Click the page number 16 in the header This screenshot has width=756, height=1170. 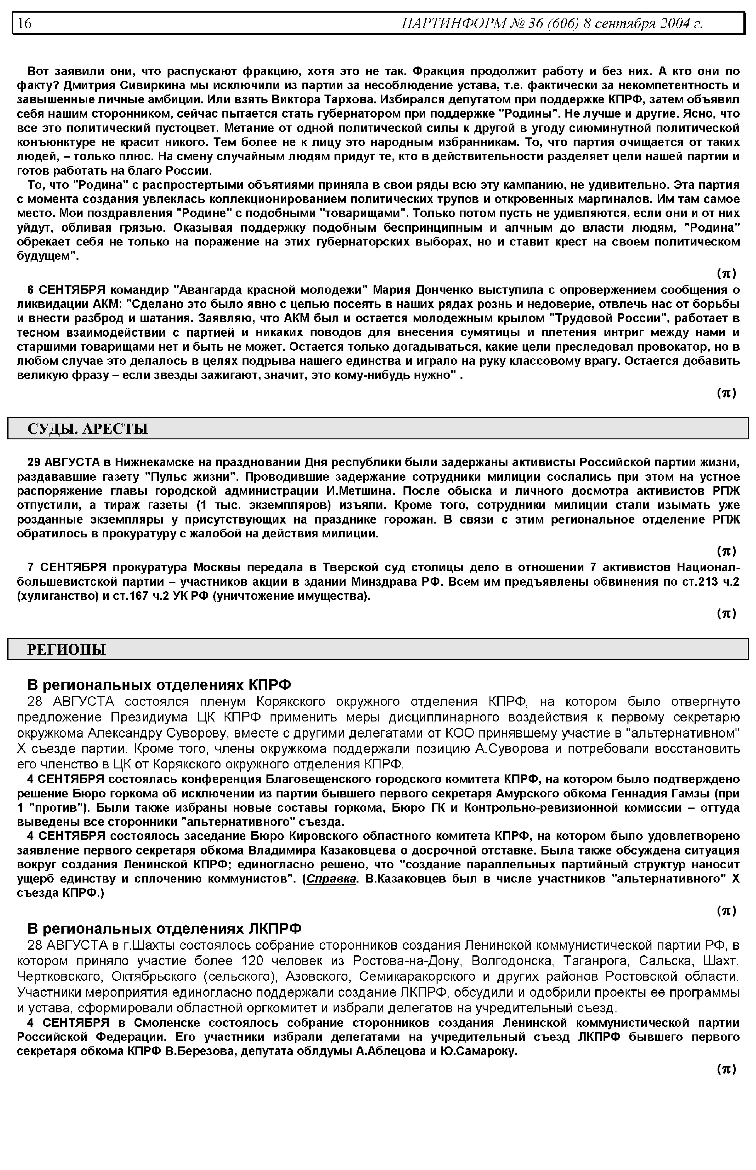pos(25,23)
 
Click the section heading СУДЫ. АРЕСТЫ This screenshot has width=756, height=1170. pos(87,429)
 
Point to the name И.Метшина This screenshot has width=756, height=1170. pos(361,491)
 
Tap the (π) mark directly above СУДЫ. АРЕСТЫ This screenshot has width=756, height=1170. pos(726,393)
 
